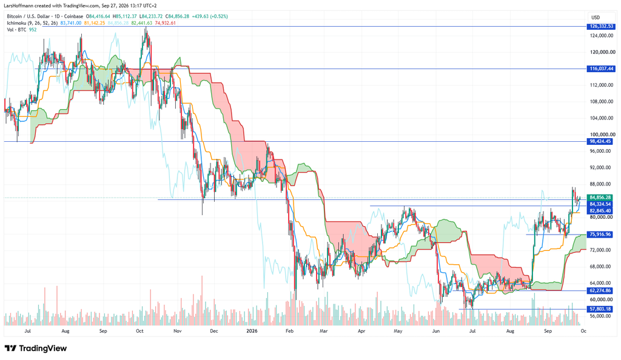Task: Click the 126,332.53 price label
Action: click(601, 27)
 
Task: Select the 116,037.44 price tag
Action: click(601, 69)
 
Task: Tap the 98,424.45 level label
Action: click(600, 141)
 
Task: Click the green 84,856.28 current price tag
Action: click(600, 198)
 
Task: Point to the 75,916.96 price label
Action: click(600, 235)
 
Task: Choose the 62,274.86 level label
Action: click(600, 291)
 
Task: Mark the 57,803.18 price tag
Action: click(600, 309)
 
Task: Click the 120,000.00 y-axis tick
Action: click(602, 52)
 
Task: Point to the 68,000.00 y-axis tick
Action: click(601, 267)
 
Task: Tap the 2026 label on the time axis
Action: click(252, 331)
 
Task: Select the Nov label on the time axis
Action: click(177, 331)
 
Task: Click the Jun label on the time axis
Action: click(435, 331)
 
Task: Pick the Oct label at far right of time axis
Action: click(583, 331)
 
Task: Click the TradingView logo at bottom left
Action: click(36, 348)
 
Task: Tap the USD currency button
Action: click(596, 18)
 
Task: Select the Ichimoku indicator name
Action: click(16, 23)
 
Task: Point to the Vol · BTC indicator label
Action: click(16, 30)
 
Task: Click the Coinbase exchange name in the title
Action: click(74, 16)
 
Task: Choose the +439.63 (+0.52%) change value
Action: click(209, 16)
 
